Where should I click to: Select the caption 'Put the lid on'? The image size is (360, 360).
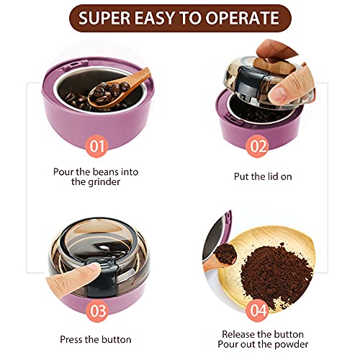(261, 176)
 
